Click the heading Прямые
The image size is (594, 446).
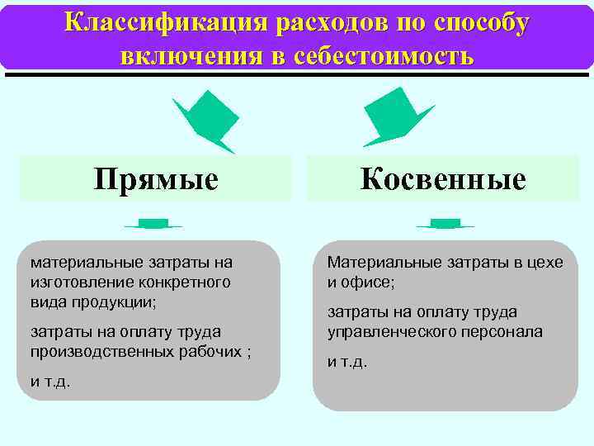point(156,179)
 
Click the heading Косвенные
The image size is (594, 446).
point(443,179)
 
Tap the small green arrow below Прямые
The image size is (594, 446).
point(153,224)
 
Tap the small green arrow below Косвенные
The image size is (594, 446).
point(445,224)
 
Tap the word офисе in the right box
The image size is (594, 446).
point(368,282)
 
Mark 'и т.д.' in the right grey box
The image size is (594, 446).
point(346,362)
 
